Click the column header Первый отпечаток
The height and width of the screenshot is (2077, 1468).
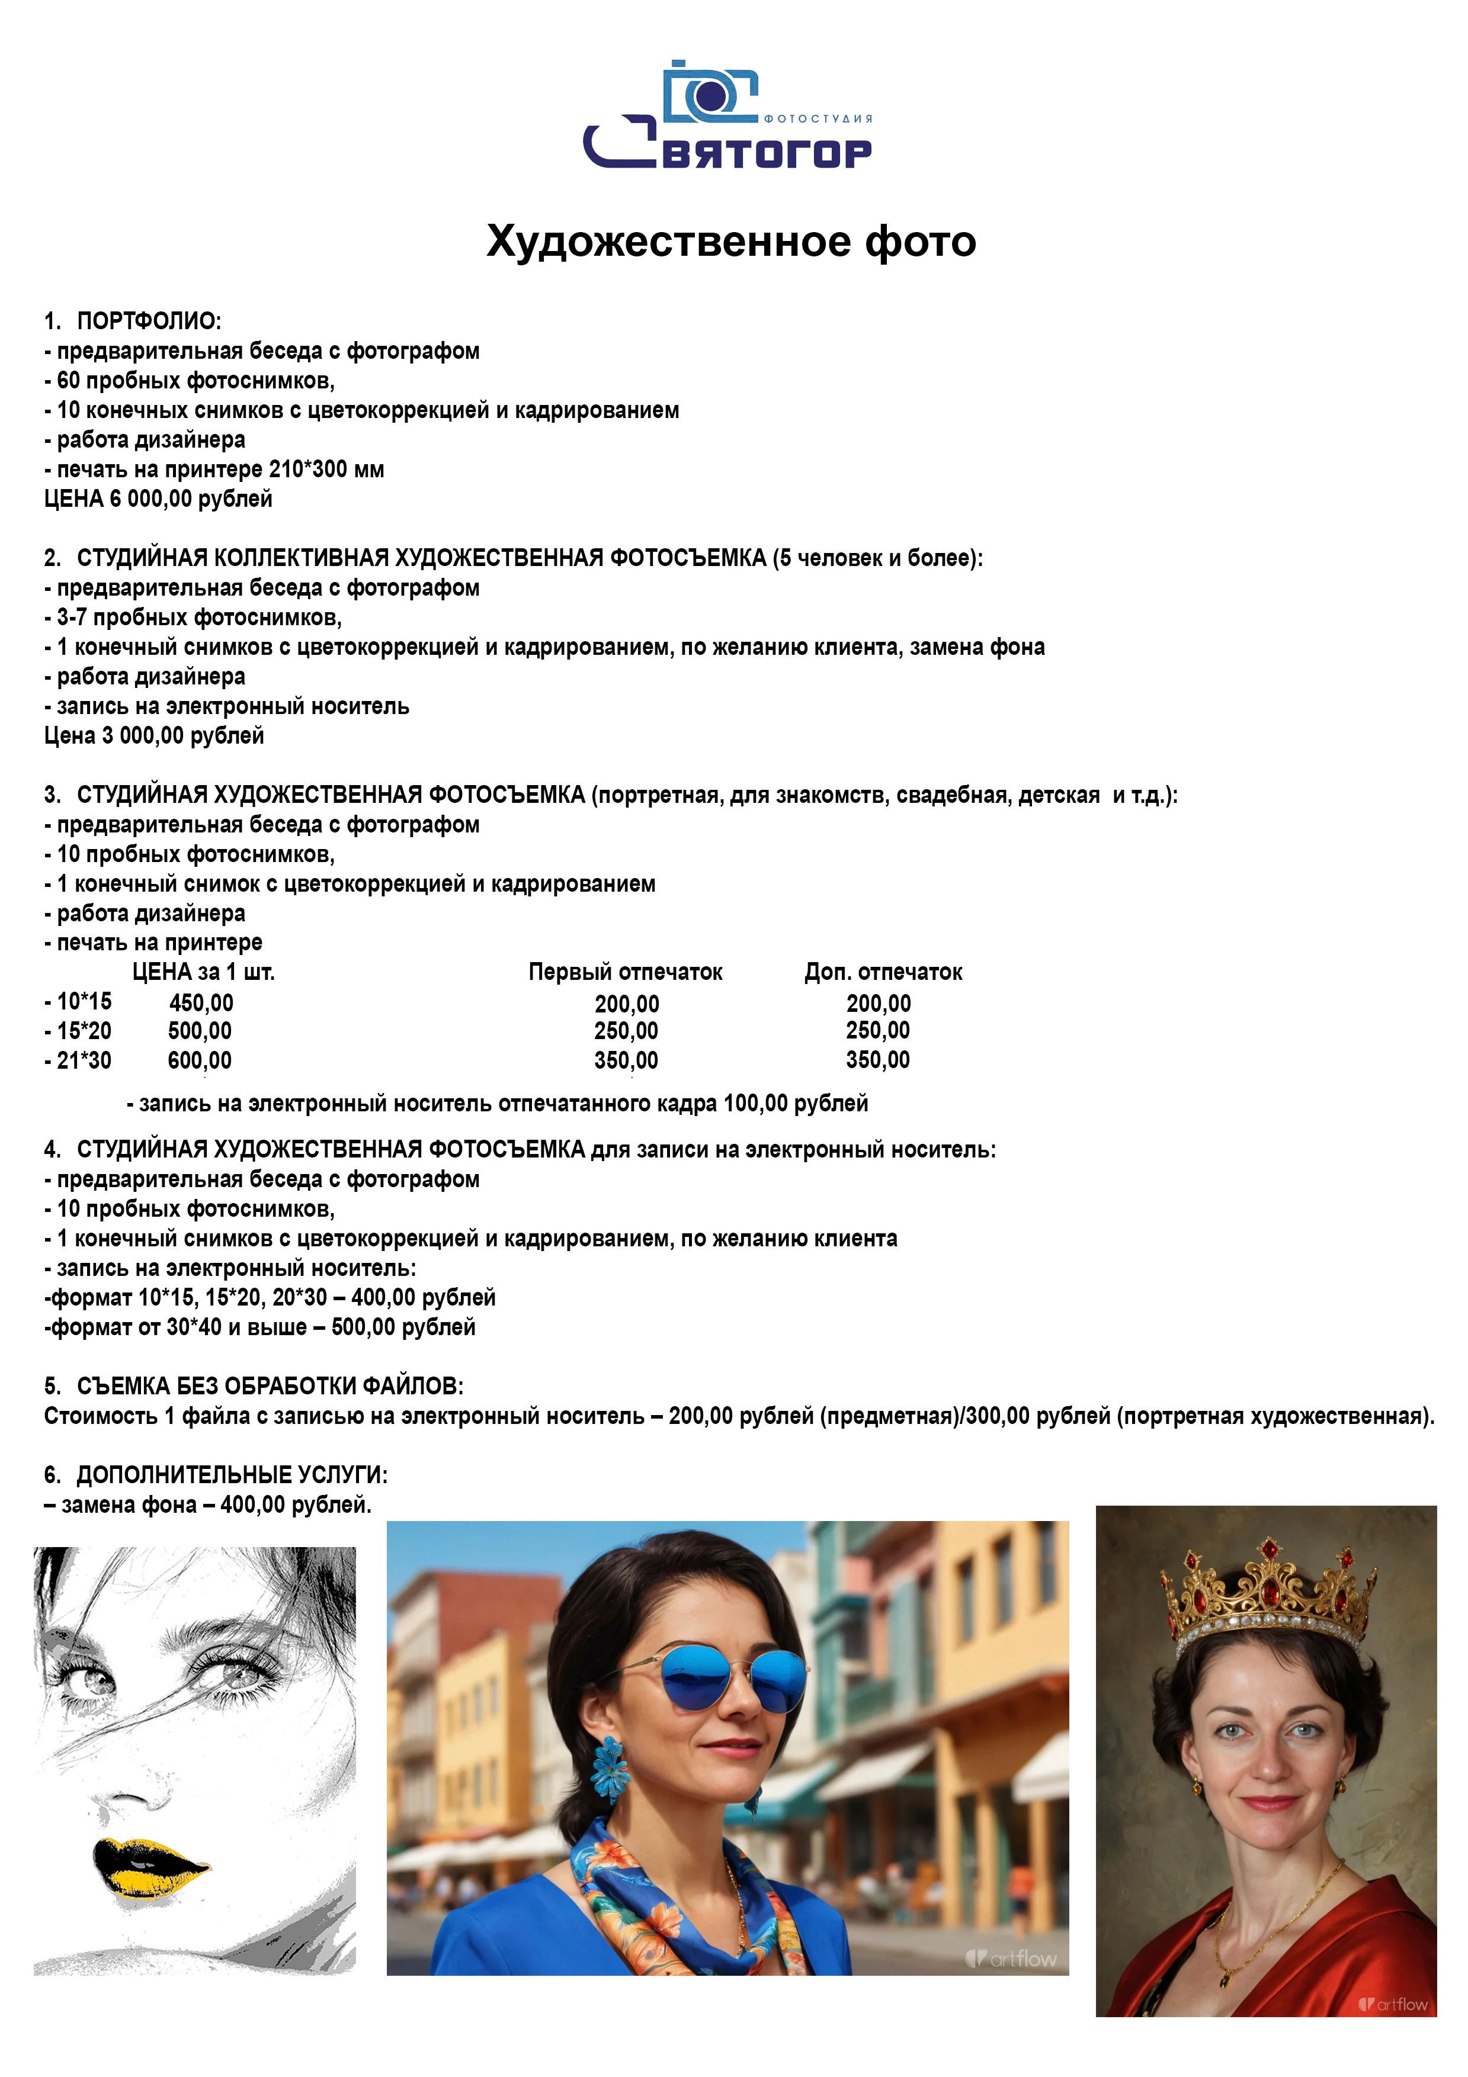(x=626, y=972)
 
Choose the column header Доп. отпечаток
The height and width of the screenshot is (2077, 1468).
(x=883, y=972)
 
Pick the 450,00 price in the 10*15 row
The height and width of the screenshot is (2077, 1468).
(x=201, y=1003)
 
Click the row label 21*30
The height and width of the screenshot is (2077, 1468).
(x=84, y=1061)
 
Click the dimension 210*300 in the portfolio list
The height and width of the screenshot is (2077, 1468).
(x=307, y=470)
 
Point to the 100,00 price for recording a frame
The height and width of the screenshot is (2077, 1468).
(x=755, y=1104)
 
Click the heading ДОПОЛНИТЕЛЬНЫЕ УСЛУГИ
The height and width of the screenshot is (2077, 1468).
(x=231, y=1475)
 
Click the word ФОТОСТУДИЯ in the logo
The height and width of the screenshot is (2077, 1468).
(x=818, y=118)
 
